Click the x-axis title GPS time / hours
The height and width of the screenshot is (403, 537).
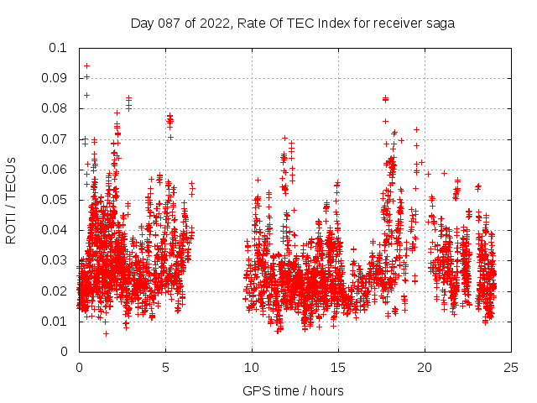[293, 390]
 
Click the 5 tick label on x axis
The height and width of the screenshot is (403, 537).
[165, 367]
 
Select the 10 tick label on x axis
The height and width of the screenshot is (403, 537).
[252, 367]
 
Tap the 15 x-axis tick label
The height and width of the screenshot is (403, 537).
[338, 367]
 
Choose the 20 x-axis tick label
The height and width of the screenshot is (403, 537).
[425, 367]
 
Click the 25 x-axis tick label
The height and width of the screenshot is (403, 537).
[511, 367]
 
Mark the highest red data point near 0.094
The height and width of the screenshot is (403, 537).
[86, 65]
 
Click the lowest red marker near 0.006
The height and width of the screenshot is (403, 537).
[106, 333]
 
